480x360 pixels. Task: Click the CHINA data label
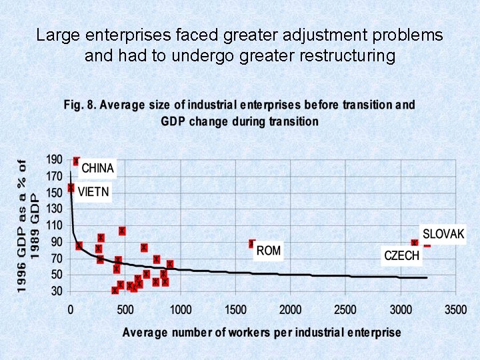[x=98, y=169]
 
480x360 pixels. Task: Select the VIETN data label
[x=93, y=192]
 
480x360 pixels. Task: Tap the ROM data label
[x=269, y=251]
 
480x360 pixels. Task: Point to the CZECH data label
[x=402, y=255]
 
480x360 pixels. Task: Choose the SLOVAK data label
[x=443, y=234]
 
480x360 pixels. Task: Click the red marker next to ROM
[x=252, y=244]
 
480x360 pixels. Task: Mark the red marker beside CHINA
[x=76, y=161]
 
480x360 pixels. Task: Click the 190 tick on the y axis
[x=54, y=160]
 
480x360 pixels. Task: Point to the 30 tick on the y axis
[x=57, y=291]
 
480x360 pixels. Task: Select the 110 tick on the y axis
[x=54, y=225]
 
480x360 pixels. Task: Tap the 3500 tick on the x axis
[x=455, y=310]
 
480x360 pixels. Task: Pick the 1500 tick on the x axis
[x=235, y=310]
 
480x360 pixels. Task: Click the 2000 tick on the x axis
[x=290, y=310]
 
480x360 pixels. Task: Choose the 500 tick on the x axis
[x=125, y=310]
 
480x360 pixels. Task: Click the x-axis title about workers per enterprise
[x=262, y=332]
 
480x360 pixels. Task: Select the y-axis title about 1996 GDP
[x=28, y=225]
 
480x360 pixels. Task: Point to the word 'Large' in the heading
[x=56, y=35]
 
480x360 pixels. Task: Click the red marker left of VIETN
[x=71, y=188]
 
